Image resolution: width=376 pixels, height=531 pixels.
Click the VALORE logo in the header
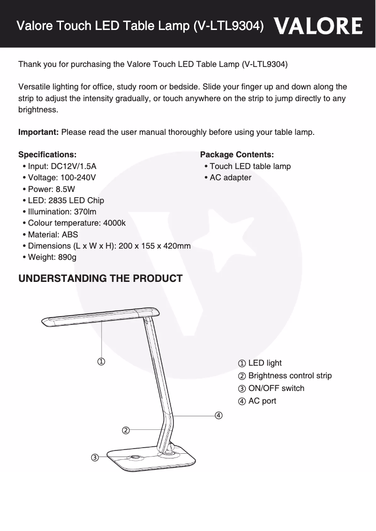[318, 26]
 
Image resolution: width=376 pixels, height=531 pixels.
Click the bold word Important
[38, 132]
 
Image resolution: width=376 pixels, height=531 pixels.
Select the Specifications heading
[47, 155]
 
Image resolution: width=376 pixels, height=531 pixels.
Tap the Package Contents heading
[237, 155]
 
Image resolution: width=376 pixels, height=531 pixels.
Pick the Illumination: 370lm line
[62, 212]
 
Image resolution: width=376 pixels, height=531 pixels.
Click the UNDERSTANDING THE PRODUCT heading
[100, 279]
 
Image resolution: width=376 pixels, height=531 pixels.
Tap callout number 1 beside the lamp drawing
[101, 361]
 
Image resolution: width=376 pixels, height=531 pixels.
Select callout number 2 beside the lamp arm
[126, 430]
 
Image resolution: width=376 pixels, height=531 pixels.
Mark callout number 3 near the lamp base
[95, 457]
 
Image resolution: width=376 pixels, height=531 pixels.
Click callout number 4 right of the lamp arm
[218, 415]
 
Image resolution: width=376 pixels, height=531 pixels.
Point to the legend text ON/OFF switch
[276, 388]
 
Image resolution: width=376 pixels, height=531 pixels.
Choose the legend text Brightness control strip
[289, 376]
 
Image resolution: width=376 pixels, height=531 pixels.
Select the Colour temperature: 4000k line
[76, 223]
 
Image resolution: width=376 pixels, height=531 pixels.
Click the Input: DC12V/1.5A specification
[62, 166]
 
